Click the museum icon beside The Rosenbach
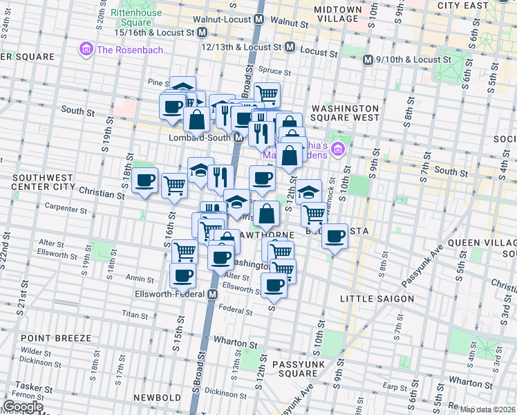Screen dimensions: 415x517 click(87, 49)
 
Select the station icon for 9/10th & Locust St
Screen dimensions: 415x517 click(368, 59)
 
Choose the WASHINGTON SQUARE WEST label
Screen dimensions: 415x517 click(345, 113)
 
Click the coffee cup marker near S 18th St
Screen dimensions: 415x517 click(144, 181)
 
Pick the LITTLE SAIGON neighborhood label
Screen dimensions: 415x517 click(377, 298)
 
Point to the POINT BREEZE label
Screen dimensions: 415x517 click(56, 338)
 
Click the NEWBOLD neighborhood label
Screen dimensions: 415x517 click(158, 398)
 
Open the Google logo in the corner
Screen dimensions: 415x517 click(23, 407)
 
